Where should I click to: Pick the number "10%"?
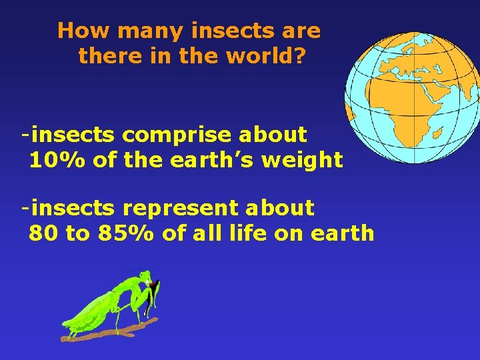click(x=55, y=161)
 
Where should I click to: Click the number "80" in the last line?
click(x=42, y=233)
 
